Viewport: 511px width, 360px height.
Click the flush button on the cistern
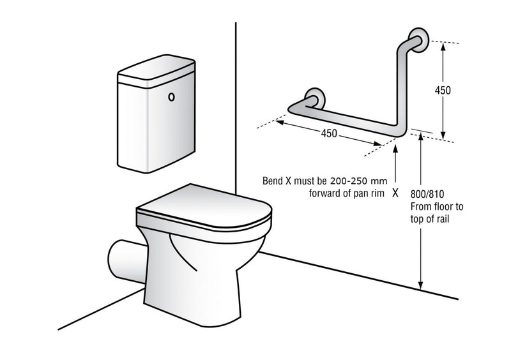tap(171, 98)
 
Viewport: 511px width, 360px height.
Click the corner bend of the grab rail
tap(400, 131)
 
